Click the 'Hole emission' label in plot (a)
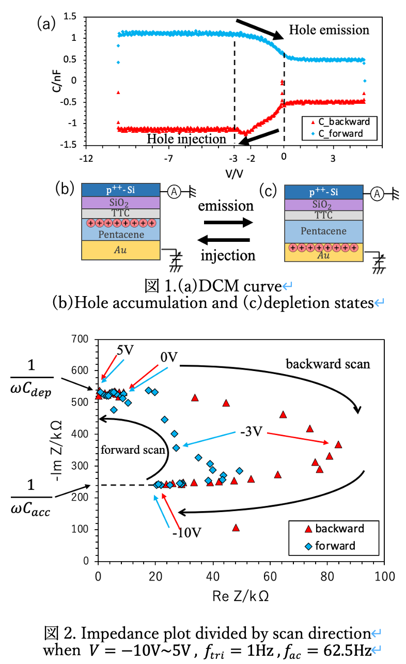(329, 29)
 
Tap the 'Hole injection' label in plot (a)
(186, 139)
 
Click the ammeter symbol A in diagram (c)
(377, 195)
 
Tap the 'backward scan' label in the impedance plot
(328, 364)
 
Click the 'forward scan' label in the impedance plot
(134, 449)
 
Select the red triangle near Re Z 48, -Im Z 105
(236, 528)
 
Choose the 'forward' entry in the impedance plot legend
(335, 546)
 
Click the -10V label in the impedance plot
(185, 533)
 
